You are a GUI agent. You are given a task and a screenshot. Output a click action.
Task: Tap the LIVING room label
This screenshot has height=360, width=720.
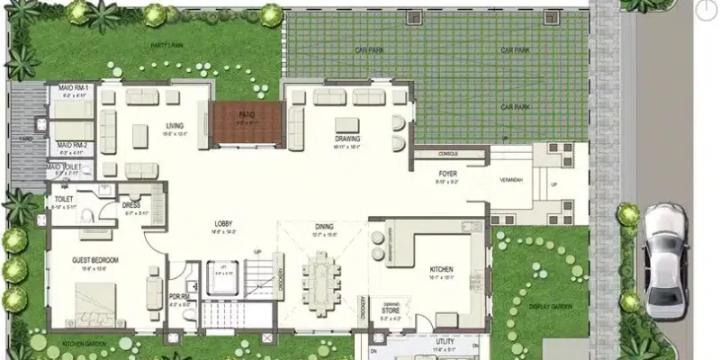[x=175, y=126]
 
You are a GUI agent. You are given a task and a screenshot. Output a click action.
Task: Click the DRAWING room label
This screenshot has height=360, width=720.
[x=347, y=139]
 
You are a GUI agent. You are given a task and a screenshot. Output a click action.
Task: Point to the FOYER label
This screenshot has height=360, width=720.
[x=448, y=174]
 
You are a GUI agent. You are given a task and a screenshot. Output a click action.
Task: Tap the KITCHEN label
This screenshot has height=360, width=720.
[x=440, y=269]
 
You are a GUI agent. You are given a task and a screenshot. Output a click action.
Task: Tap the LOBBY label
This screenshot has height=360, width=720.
[x=224, y=224]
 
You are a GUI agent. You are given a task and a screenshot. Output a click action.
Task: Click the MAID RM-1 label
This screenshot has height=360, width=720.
[x=72, y=87]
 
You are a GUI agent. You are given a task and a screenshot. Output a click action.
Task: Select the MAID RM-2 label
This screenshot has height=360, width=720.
[x=72, y=145]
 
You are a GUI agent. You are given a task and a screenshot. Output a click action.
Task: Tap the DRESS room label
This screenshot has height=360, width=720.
[x=132, y=205]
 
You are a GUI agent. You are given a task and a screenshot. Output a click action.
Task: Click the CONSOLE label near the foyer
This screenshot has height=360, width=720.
[x=448, y=154]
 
